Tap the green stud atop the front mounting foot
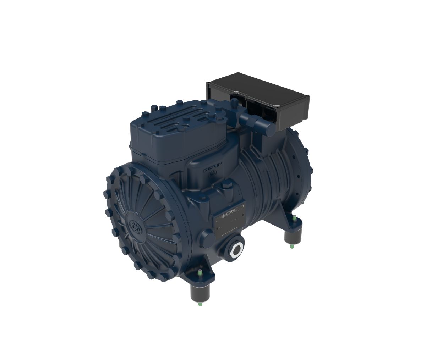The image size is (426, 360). click(200, 272)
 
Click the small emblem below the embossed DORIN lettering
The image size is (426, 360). click(212, 175)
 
